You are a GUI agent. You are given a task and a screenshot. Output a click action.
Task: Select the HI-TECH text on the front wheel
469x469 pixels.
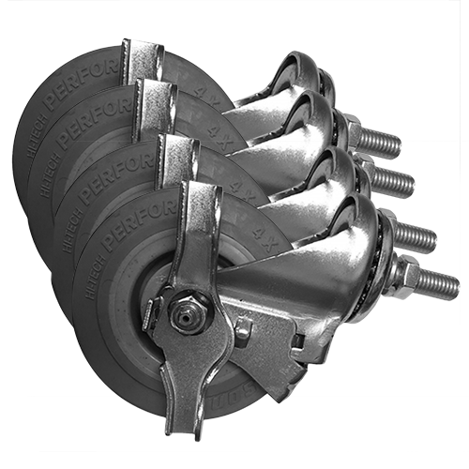tap(87, 264)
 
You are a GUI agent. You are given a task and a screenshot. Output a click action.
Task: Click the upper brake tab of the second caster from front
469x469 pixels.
tap(177, 150)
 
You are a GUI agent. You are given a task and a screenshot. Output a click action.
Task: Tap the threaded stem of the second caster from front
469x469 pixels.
tap(416, 234)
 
